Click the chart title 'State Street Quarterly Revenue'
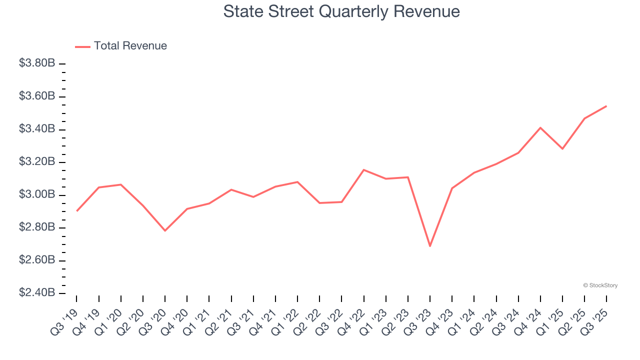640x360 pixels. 341,11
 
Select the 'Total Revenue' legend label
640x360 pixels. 130,46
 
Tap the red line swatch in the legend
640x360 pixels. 82,46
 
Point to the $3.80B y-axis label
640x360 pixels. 37,63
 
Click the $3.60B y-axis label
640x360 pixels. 37,96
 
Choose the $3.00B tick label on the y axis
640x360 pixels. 37,194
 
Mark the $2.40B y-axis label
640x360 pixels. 37,292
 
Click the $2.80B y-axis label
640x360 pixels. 37,227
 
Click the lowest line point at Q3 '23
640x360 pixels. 429,246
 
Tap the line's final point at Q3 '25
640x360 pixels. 606,106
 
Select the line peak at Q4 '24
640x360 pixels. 540,127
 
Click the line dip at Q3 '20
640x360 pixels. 165,230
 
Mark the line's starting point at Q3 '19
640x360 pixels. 76,211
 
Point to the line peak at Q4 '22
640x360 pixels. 363,170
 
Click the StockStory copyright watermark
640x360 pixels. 600,285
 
